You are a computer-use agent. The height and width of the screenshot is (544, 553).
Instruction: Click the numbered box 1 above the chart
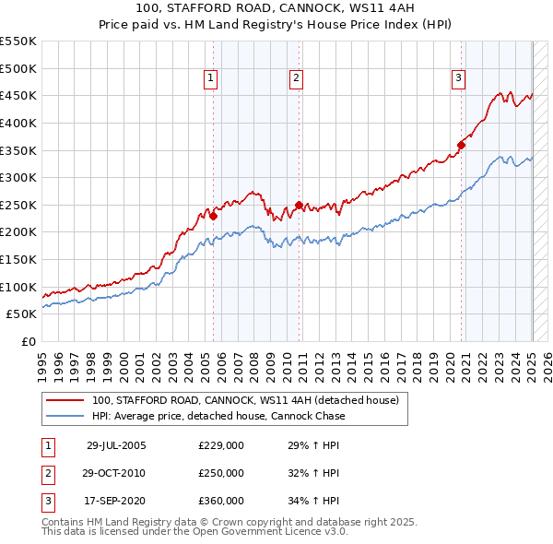pyautogui.click(x=211, y=79)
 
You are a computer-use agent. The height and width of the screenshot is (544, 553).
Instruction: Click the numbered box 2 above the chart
pyautogui.click(x=296, y=79)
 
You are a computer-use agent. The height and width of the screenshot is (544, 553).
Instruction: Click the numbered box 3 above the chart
pyautogui.click(x=458, y=79)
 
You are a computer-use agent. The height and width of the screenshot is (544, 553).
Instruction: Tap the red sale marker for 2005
pyautogui.click(x=213, y=217)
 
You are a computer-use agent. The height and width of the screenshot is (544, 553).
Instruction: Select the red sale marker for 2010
pyautogui.click(x=299, y=205)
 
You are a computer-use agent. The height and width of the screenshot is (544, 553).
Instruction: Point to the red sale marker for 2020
pyautogui.click(x=462, y=145)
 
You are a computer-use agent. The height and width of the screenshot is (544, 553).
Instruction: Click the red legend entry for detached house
pyautogui.click(x=244, y=401)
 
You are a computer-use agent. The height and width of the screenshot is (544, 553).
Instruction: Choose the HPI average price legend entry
pyautogui.click(x=218, y=416)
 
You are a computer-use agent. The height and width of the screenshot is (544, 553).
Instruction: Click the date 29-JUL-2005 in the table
pyautogui.click(x=116, y=445)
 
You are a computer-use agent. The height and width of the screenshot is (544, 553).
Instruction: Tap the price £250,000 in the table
pyautogui.click(x=221, y=473)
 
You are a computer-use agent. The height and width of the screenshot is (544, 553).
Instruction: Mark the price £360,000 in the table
pyautogui.click(x=221, y=501)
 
